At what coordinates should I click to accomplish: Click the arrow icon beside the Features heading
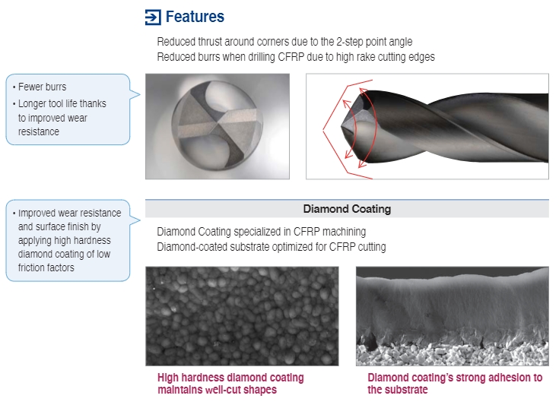153,17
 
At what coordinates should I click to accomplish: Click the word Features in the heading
195,17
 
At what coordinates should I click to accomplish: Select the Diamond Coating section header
347,209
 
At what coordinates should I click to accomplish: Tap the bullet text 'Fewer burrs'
42,87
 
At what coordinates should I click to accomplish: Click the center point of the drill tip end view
217,124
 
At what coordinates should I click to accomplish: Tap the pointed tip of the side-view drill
341,125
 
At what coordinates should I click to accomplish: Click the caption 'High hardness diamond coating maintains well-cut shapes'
230,383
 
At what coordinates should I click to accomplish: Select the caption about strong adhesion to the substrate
455,383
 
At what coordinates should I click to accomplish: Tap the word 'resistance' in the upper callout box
39,131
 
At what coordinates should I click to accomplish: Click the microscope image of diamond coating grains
242,316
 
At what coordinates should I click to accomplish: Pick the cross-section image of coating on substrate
453,316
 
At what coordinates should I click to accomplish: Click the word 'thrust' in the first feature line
210,42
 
